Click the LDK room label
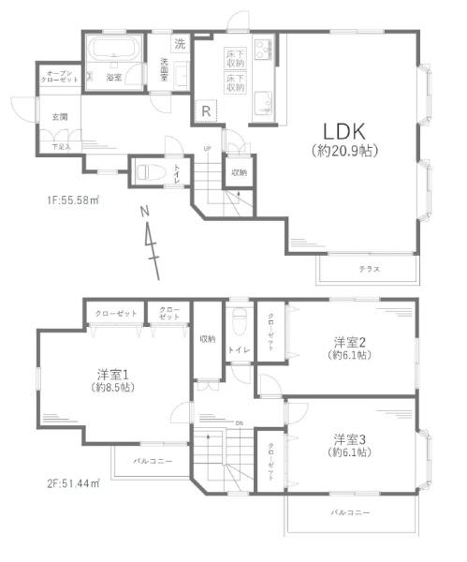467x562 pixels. (x=343, y=129)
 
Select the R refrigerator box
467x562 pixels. (x=205, y=111)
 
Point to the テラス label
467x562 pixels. (x=369, y=269)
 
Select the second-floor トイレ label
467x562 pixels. (x=238, y=349)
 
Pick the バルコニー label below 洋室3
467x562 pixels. (x=350, y=513)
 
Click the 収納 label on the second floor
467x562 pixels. (x=207, y=338)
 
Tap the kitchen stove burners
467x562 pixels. (x=260, y=46)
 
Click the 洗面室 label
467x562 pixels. (x=165, y=69)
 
